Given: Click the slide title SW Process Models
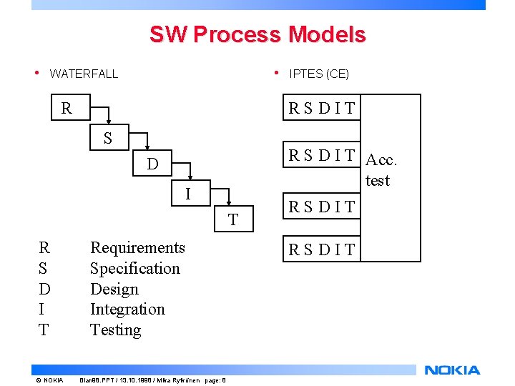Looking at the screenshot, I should [x=257, y=34].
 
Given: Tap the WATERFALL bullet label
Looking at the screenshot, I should [x=84, y=74].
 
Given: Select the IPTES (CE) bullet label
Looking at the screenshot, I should [x=319, y=74].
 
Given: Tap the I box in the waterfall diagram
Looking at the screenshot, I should [x=187, y=194].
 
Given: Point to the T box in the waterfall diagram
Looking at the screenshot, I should [x=232, y=219].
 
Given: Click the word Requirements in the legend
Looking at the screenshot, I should [x=137, y=248].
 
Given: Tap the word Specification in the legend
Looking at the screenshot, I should [x=134, y=269].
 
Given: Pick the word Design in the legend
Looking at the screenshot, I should [x=114, y=289].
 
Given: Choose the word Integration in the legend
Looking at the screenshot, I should [x=127, y=310].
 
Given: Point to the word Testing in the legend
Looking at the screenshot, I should [x=115, y=330].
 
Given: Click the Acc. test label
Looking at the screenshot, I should [x=381, y=169].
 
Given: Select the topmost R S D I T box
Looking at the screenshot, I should [x=321, y=109].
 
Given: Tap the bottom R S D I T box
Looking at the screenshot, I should [x=321, y=249].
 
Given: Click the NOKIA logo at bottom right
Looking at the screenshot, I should [x=452, y=370].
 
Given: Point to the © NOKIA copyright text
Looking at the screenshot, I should [x=49, y=380].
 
